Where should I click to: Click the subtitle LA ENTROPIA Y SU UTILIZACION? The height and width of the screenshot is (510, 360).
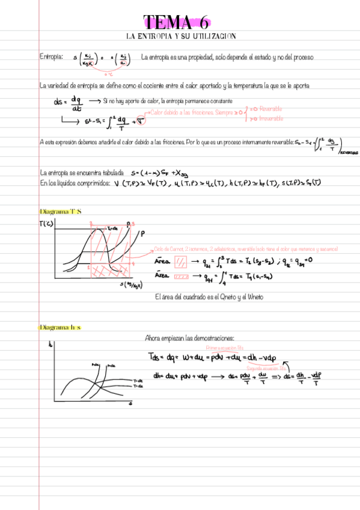pyautogui.click(x=181, y=37)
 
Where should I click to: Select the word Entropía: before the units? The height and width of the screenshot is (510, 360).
pyautogui.click(x=51, y=57)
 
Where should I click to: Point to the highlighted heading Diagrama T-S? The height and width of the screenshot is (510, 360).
pyautogui.click(x=60, y=212)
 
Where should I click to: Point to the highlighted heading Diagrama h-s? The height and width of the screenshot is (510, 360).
pyautogui.click(x=59, y=327)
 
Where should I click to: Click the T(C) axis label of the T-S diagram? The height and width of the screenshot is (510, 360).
pyautogui.click(x=45, y=225)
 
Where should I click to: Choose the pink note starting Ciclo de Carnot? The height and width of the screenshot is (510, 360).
pyautogui.click(x=245, y=249)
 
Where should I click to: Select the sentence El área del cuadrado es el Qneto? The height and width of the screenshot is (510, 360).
pyautogui.click(x=209, y=297)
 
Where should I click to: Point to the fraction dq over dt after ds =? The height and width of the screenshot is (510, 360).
pyautogui.click(x=76, y=104)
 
